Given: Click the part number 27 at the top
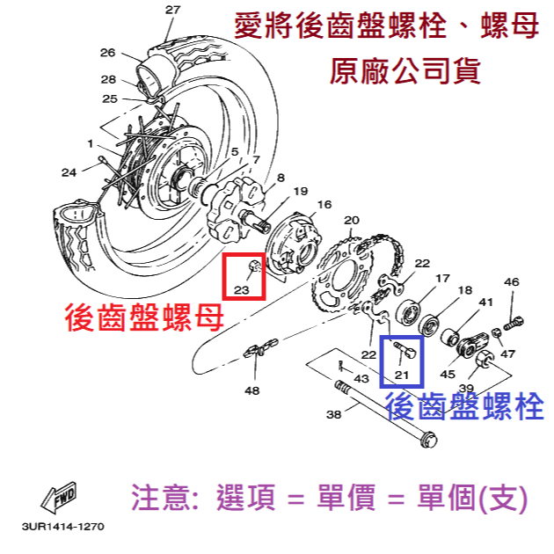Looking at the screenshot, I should [x=171, y=10].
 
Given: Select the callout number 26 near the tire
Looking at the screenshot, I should [x=107, y=52].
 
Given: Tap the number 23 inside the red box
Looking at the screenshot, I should [x=244, y=288].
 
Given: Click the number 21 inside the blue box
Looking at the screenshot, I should [x=402, y=375].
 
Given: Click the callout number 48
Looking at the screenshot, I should [x=252, y=390].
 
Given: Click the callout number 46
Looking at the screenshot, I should [x=511, y=282].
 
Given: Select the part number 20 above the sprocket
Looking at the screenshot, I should [x=351, y=220].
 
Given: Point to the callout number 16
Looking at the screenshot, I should [x=324, y=204].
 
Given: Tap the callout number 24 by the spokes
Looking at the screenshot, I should [x=69, y=171].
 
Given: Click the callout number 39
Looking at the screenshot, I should [x=466, y=388].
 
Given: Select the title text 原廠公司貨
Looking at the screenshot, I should [x=405, y=69].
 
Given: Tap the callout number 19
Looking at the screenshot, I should [x=300, y=191].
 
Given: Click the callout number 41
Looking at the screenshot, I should [x=485, y=302].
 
